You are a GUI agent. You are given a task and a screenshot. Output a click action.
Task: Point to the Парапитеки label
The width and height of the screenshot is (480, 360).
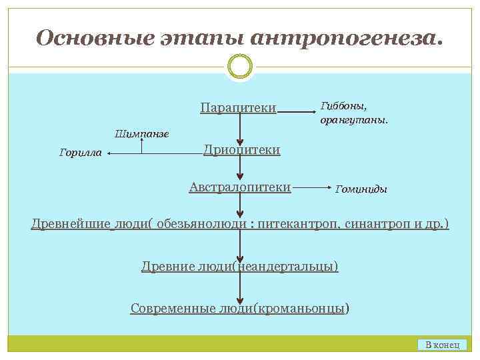238,108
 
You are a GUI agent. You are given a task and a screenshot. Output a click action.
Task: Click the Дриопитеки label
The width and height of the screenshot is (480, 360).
241,150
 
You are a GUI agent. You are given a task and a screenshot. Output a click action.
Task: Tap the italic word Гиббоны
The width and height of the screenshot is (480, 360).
343,106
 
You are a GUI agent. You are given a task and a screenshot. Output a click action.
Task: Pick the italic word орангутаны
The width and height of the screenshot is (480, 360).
353,121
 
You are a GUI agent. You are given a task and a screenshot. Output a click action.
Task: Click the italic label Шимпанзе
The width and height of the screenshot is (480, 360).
142,133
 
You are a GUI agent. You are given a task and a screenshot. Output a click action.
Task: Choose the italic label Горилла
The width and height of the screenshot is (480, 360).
81,153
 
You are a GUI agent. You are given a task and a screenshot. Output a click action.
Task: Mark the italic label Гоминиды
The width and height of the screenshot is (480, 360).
361,189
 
